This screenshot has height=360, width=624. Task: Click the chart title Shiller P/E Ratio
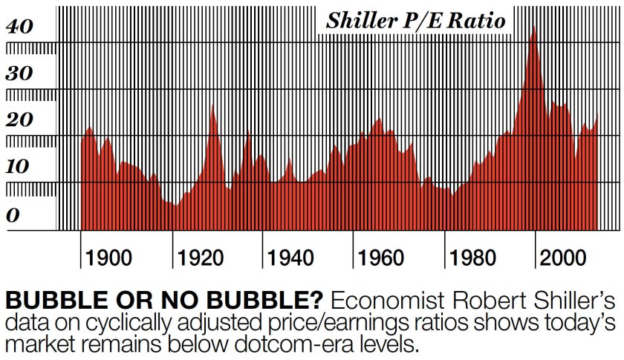point(415,21)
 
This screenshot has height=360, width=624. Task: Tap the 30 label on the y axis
point(20,74)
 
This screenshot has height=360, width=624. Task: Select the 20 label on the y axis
point(20,120)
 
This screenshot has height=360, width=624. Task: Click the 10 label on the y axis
point(20,166)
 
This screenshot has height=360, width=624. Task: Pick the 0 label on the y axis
point(13,215)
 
